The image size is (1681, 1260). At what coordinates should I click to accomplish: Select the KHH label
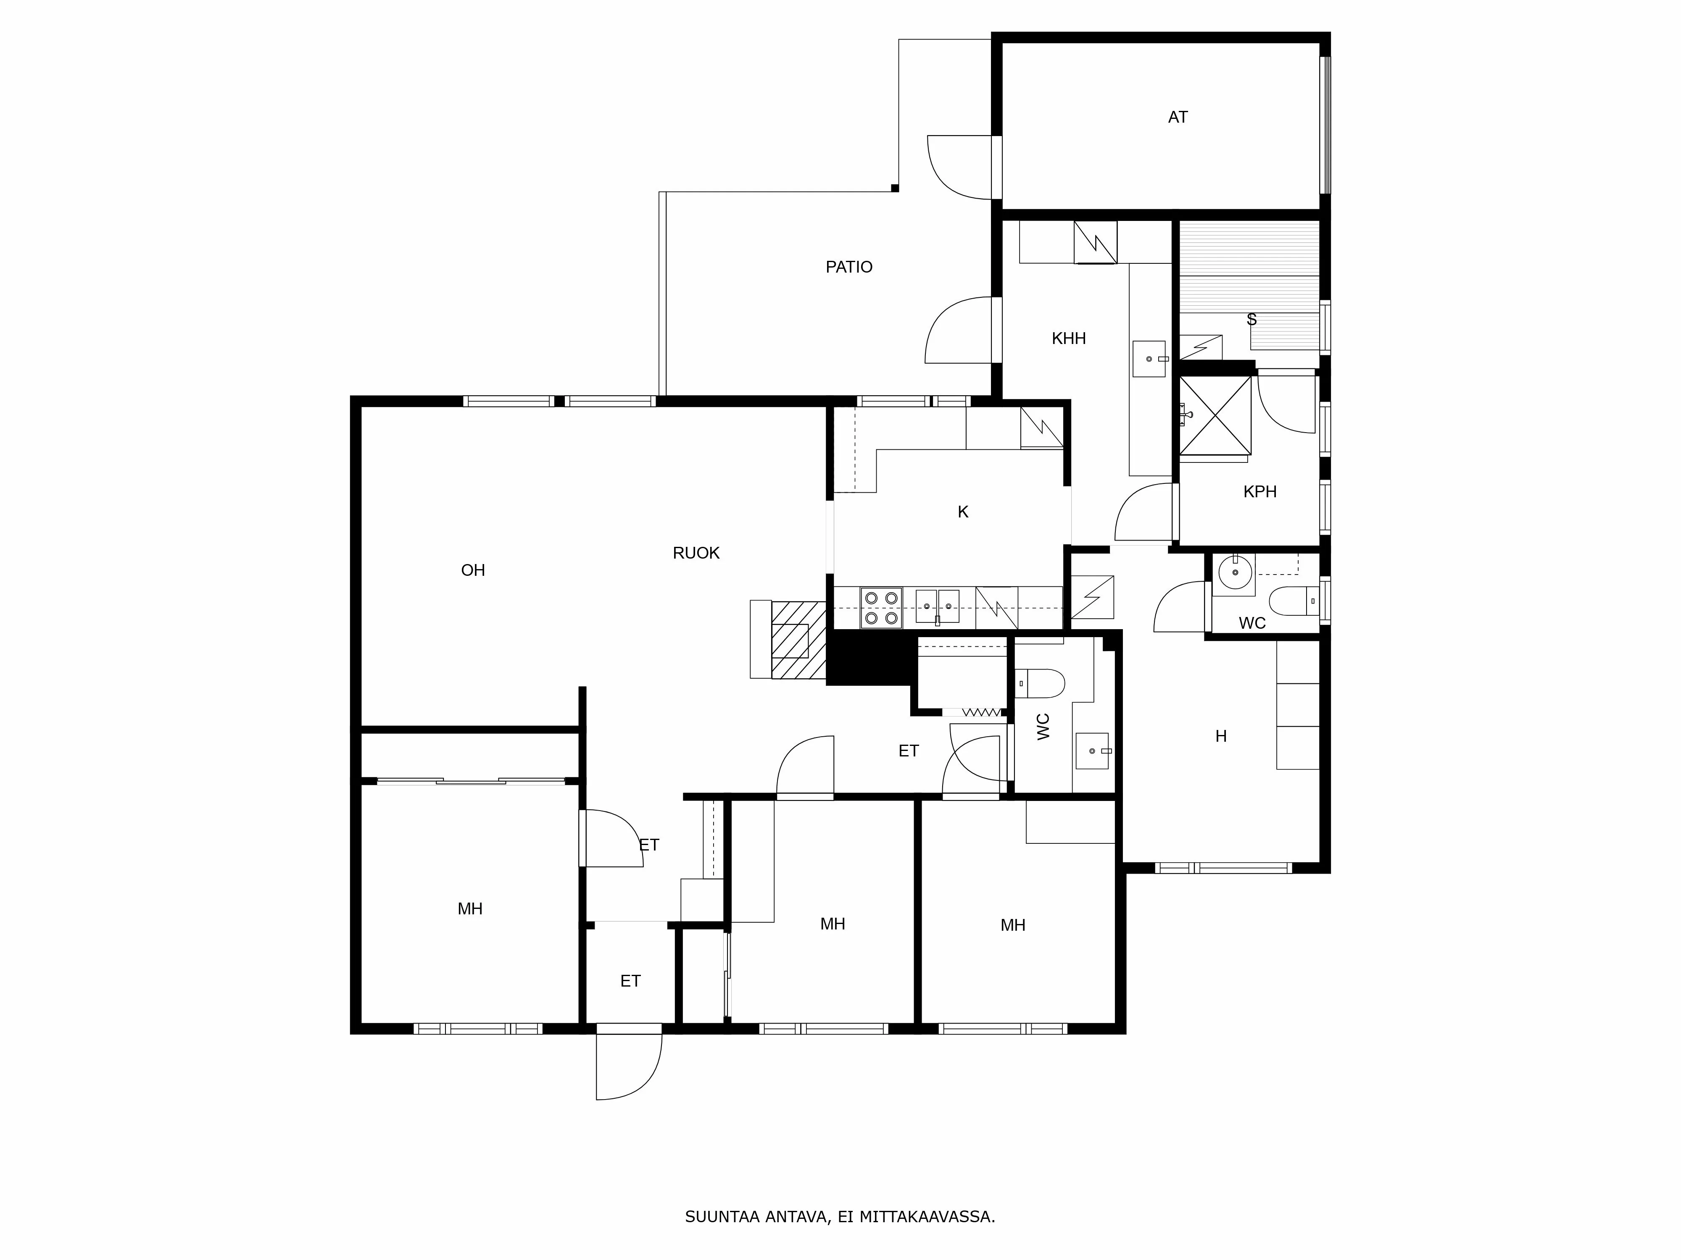1068,339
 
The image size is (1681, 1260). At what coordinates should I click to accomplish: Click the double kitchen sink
937,606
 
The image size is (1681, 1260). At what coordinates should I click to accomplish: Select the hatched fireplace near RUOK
798,640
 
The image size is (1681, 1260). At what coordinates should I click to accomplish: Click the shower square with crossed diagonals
1215,415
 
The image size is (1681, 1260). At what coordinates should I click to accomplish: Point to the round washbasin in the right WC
1235,571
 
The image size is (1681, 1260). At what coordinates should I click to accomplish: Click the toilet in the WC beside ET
1041,683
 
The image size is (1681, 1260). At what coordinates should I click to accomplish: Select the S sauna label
1252,320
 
